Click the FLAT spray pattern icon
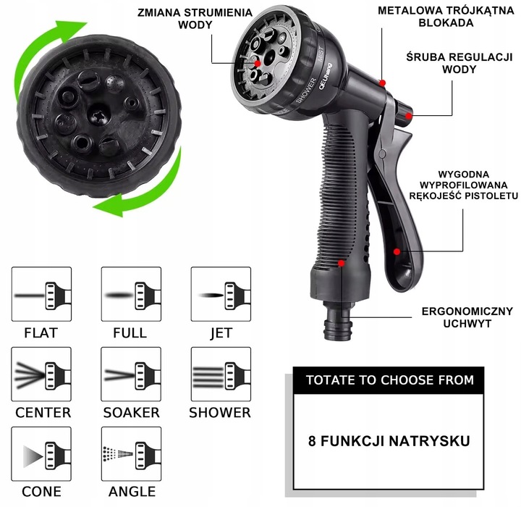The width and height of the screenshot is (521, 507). click(41, 294)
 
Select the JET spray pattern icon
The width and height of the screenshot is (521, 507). click(221, 294)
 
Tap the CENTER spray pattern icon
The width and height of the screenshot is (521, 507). click(41, 374)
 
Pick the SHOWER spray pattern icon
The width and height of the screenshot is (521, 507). click(221, 374)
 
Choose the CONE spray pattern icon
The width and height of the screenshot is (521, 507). click(41, 454)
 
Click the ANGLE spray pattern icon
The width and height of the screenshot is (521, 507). click(131, 454)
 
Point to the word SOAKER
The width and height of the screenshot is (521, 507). click(131, 413)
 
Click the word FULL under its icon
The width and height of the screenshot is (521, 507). click(130, 333)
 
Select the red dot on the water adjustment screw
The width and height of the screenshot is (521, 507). click(409, 116)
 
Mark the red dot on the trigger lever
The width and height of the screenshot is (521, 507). click(397, 252)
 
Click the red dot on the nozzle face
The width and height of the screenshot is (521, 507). click(258, 63)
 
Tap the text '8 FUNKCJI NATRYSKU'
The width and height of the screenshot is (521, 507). click(389, 441)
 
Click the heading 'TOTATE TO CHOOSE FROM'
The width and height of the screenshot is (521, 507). click(390, 380)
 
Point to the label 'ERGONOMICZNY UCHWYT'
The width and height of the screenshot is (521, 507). click(467, 317)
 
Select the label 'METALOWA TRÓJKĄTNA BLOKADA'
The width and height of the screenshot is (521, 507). click(446, 17)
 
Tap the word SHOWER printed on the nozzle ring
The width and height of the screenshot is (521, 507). click(306, 90)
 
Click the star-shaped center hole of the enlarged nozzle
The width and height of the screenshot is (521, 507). click(98, 116)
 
